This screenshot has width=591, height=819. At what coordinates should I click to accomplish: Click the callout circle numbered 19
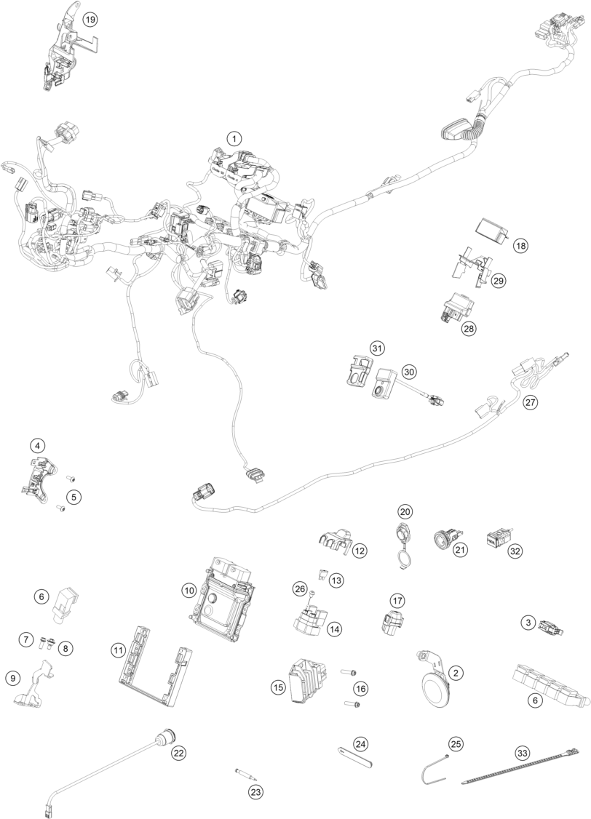click(90, 20)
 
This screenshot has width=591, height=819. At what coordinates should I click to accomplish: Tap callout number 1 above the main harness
click(234, 137)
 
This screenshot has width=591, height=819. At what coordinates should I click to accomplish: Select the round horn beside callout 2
click(435, 687)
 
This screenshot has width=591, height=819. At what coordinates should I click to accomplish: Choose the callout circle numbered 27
click(531, 402)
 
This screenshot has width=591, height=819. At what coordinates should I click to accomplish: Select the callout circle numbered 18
click(520, 246)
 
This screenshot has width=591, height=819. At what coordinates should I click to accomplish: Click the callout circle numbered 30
click(409, 371)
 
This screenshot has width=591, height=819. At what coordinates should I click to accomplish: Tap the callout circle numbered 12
click(360, 551)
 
